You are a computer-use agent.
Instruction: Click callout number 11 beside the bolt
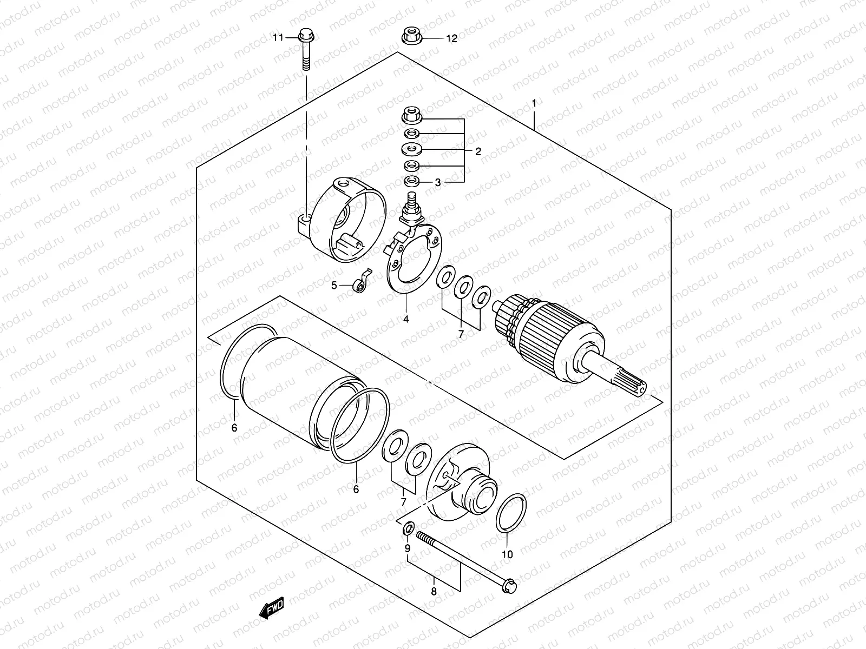pyautogui.click(x=278, y=38)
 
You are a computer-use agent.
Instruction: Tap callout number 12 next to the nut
pyautogui.click(x=451, y=38)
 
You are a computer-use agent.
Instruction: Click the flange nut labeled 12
pyautogui.click(x=411, y=37)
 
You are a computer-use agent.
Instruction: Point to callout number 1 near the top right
pyautogui.click(x=534, y=103)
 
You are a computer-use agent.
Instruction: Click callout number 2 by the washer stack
pyautogui.click(x=478, y=151)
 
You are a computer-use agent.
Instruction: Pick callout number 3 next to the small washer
pyautogui.click(x=438, y=183)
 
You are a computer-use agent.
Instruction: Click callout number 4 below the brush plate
pyautogui.click(x=405, y=319)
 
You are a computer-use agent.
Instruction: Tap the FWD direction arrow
pyautogui.click(x=272, y=610)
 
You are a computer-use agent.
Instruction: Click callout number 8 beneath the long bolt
pyautogui.click(x=434, y=592)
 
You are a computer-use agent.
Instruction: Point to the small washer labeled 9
pyautogui.click(x=409, y=527)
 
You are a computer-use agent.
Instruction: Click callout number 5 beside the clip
pyautogui.click(x=334, y=285)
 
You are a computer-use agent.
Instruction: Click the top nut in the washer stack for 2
pyautogui.click(x=410, y=115)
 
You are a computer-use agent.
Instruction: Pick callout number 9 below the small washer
pyautogui.click(x=408, y=548)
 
